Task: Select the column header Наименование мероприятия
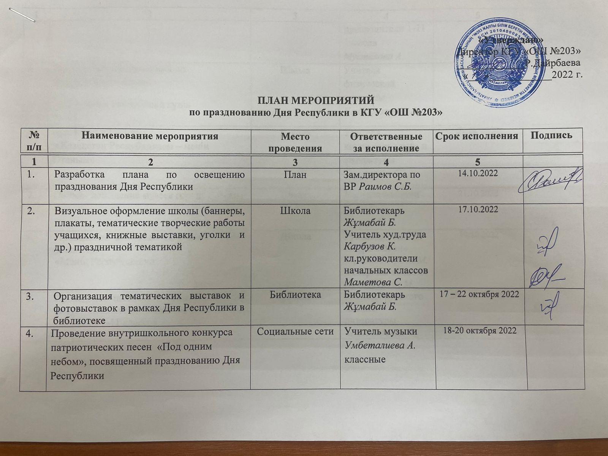point(151,136)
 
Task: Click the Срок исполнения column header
point(478,136)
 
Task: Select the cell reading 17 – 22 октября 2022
point(478,295)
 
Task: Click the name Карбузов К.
point(370,247)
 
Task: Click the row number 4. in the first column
point(32,331)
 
